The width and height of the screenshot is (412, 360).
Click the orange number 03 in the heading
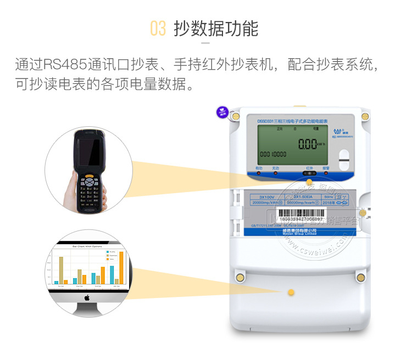pos(158,29)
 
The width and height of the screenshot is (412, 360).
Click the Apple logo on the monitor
pos(87,298)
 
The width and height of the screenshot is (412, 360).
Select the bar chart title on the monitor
pos(87,247)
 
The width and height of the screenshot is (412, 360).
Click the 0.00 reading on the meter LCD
pos(308,144)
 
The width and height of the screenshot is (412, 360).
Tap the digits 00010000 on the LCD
pos(272,155)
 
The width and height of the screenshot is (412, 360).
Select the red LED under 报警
pos(326,173)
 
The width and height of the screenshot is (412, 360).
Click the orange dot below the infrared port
pos(309,182)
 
